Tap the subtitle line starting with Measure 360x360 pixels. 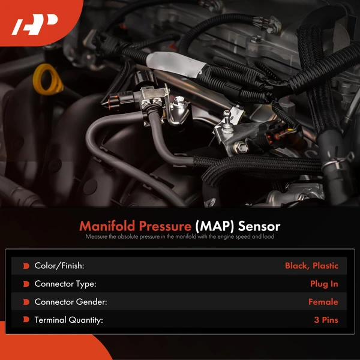pos(180,237)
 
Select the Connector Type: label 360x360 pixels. pos(65,284)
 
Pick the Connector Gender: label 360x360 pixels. pos(70,302)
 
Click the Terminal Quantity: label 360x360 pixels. pos(68,320)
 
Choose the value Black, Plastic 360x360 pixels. pos(311,265)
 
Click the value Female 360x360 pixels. pos(323,302)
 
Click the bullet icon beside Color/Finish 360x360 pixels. pos(26,265)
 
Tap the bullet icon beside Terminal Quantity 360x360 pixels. pos(26,320)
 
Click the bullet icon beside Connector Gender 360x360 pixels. pos(26,302)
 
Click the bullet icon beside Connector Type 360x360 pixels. pos(26,284)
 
